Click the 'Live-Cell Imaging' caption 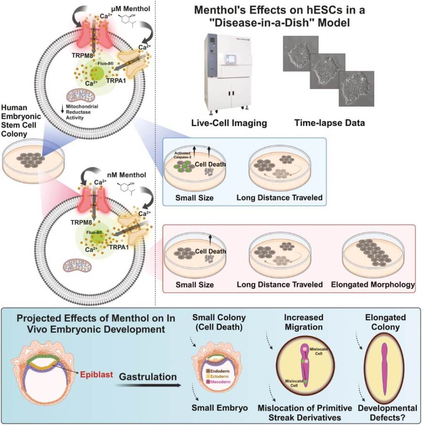point(229,123)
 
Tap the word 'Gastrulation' point(148,377)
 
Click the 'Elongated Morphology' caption point(373,285)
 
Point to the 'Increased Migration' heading point(304,322)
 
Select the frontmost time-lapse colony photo point(356,88)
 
